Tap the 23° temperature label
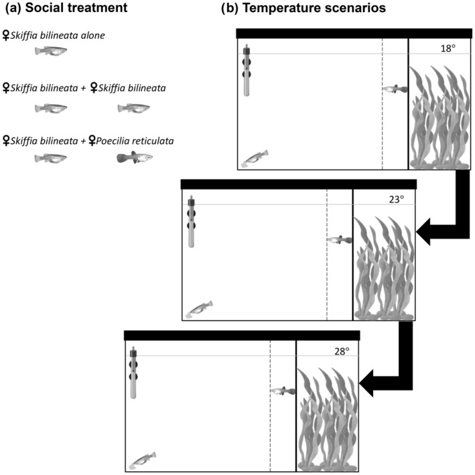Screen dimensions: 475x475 click(x=397, y=200)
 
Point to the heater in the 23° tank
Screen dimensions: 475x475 click(x=192, y=223)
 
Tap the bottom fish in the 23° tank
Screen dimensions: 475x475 click(x=200, y=309)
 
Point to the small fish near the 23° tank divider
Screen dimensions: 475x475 click(x=339, y=239)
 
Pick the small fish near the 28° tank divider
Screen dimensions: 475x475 click(x=283, y=390)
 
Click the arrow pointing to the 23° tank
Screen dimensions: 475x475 click(x=446, y=214)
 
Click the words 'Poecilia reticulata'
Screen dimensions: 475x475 click(x=137, y=142)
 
